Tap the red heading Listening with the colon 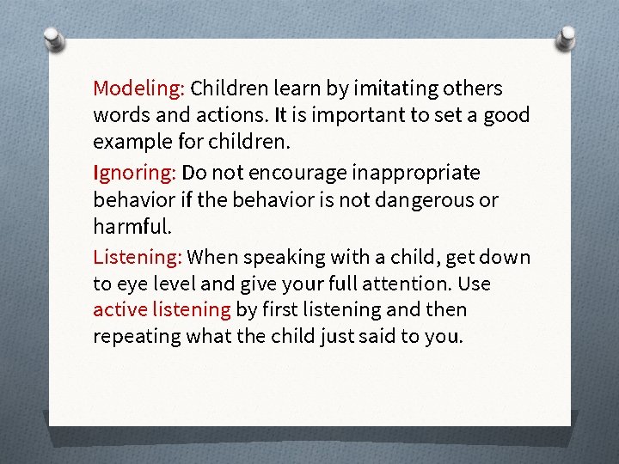pos(138,257)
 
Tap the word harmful pos(132,227)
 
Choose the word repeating pos(134,336)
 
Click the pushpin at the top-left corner pos(52,40)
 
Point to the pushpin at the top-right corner pos(567,36)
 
